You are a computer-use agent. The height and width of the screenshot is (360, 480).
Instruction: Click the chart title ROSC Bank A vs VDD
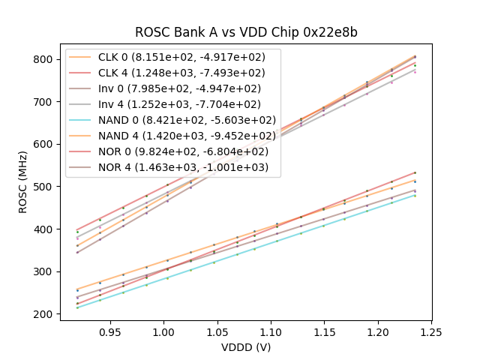click(x=246, y=32)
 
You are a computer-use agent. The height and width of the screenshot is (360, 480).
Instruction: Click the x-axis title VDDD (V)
click(x=246, y=347)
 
